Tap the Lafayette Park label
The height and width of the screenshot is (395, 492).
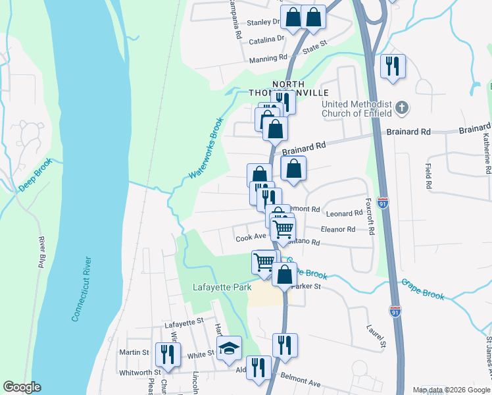(218, 288)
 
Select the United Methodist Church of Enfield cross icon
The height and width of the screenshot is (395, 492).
(402, 107)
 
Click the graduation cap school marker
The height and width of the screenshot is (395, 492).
(230, 348)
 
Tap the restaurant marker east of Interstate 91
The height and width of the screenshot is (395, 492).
(393, 66)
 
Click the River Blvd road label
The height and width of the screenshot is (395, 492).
(41, 252)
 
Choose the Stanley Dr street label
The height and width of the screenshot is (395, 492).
(264, 22)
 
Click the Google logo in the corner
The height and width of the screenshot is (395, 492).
(22, 387)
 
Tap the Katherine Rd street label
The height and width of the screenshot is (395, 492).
(486, 152)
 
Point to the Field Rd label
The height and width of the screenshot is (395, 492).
(428, 176)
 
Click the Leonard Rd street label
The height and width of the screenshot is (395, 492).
(344, 213)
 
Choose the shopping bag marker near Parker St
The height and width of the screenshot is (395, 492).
(284, 274)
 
